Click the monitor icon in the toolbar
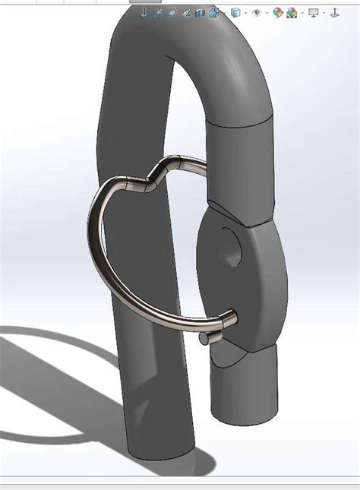click(x=313, y=13)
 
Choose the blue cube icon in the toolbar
click(x=235, y=13)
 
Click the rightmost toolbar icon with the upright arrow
click(x=334, y=13)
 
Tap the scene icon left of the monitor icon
click(x=292, y=13)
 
